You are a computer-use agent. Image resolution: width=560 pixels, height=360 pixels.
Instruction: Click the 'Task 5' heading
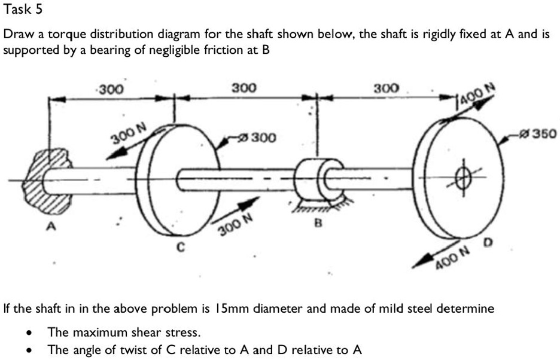[23, 10]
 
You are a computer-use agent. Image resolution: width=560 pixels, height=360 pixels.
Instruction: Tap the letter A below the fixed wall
[52, 226]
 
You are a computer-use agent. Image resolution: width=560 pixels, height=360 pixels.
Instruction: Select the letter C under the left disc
[181, 247]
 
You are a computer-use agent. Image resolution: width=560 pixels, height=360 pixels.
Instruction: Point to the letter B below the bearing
[318, 223]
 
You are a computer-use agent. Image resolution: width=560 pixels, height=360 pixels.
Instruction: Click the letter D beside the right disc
[488, 243]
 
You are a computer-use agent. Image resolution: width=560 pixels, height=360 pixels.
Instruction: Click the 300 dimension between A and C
[111, 89]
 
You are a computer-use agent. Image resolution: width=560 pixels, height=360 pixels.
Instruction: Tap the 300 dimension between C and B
[244, 88]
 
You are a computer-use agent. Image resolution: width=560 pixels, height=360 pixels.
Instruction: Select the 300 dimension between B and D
[386, 89]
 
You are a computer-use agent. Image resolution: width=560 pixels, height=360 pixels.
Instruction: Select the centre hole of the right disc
[463, 177]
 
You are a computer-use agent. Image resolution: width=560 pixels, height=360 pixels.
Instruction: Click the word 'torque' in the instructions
[67, 35]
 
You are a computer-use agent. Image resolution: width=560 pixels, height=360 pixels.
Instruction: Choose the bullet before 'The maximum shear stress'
[30, 334]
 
